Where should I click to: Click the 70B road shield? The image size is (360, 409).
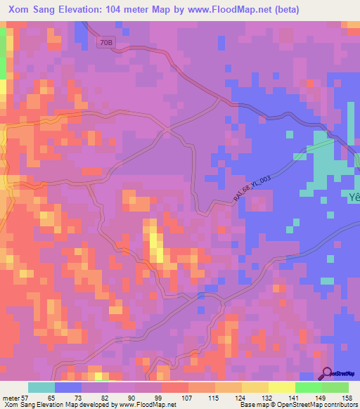pos(106,42)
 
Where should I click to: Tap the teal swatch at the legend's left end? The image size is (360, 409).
pos(41,387)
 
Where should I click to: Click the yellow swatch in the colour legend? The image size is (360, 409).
pos(282,387)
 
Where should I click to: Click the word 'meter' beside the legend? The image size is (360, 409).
pos(11,397)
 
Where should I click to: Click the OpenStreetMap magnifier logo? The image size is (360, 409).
pos(328,373)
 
